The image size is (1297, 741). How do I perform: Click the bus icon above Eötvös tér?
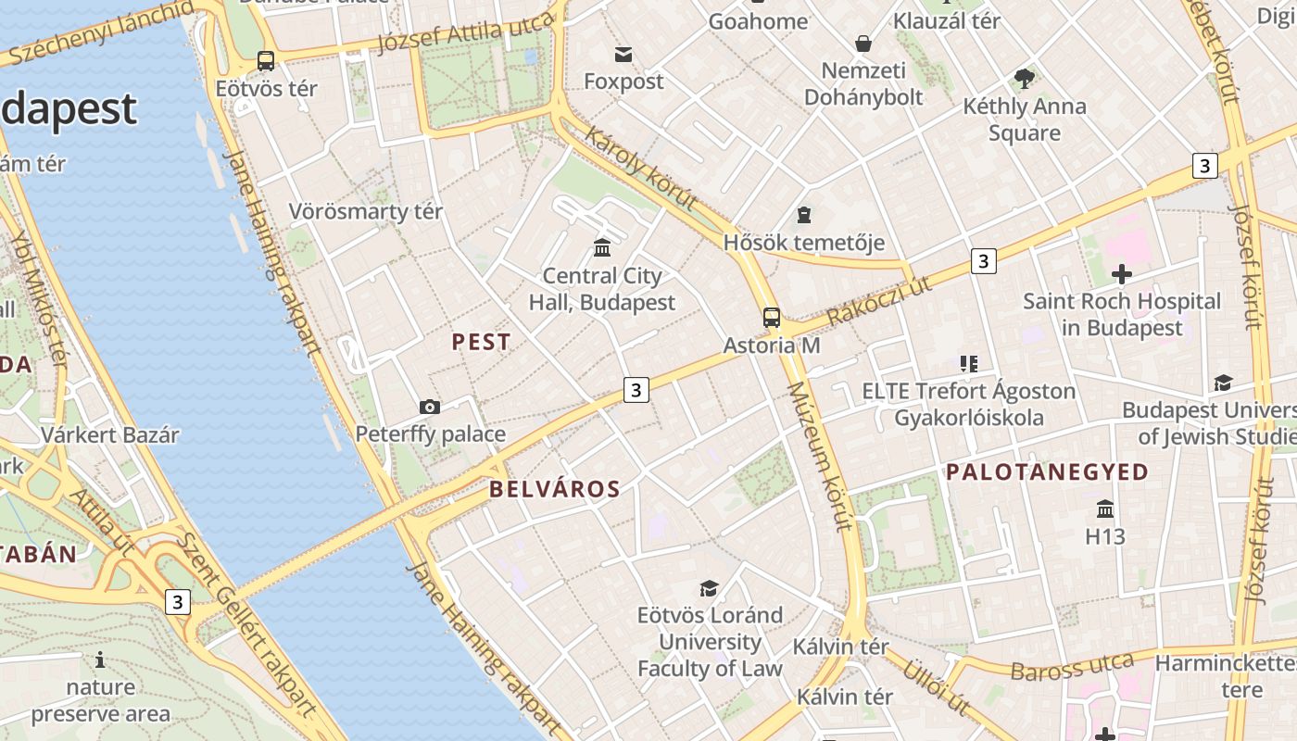(266, 61)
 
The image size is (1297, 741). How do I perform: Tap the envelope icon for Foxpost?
(623, 55)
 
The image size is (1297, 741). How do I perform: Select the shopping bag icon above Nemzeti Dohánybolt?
(863, 44)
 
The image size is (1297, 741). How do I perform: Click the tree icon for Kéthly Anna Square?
(1024, 79)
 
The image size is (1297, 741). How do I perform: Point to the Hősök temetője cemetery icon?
(804, 216)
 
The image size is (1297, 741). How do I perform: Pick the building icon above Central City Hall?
(602, 247)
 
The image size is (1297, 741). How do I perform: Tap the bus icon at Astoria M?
(771, 318)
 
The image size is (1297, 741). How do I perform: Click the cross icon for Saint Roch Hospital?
(1122, 274)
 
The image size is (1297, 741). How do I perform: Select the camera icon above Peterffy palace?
(429, 407)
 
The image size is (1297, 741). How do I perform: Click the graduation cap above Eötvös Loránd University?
(709, 588)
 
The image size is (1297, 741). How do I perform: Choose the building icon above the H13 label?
(1104, 509)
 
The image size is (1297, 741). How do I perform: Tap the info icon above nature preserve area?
(100, 660)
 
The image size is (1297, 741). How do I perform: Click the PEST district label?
(481, 342)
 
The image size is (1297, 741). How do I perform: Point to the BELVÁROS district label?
(554, 489)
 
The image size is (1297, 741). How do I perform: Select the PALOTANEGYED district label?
(1047, 472)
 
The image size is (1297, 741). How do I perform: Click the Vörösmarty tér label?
(365, 211)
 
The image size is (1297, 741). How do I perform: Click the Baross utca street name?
(1072, 667)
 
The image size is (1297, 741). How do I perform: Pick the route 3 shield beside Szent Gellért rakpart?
(178, 602)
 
